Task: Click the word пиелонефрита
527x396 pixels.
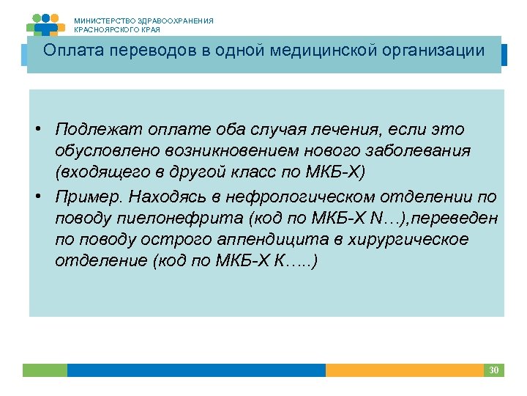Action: coord(154,219)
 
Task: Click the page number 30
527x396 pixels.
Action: coord(493,370)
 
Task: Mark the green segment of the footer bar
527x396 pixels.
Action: coord(45,370)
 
